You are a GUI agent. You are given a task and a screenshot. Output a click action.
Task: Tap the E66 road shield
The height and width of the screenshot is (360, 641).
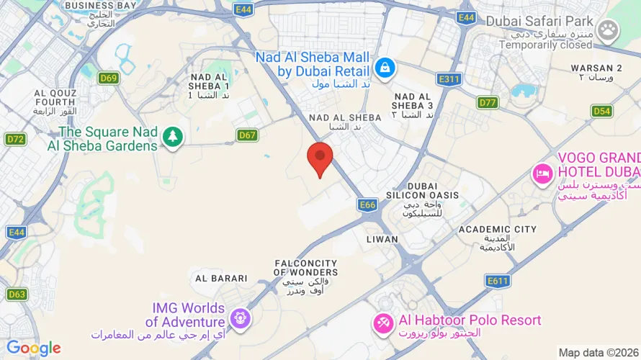point(367,205)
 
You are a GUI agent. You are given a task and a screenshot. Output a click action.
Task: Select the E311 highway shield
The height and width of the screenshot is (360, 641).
point(449,79)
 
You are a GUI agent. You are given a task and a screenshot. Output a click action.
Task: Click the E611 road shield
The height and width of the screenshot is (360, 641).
point(498,281)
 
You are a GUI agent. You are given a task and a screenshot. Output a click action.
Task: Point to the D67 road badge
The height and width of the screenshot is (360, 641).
point(248,135)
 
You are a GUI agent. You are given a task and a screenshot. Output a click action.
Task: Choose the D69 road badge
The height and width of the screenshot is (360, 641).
point(109,78)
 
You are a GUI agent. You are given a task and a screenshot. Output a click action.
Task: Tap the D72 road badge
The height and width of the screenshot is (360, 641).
point(15,138)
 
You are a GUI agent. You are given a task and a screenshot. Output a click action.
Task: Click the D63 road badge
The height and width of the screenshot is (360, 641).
point(17,294)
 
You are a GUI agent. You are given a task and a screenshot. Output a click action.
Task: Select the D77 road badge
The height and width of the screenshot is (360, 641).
point(488,102)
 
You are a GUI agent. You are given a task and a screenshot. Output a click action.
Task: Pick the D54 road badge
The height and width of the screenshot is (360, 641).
point(601,111)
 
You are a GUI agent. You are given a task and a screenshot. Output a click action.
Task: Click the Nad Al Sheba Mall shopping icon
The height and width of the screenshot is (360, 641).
point(385,68)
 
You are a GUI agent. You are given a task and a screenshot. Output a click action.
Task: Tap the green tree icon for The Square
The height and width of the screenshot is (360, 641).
point(172,136)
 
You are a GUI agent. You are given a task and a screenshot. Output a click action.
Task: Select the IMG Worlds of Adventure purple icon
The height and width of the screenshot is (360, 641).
point(241,317)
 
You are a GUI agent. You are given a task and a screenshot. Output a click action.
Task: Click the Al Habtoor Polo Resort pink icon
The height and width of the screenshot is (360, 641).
point(382,325)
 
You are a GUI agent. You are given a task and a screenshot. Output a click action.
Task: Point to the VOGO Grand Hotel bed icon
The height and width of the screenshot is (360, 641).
point(542,174)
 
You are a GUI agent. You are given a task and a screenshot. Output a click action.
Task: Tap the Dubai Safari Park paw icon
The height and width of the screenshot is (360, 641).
point(609,30)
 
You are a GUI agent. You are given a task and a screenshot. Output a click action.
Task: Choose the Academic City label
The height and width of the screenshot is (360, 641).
point(498,230)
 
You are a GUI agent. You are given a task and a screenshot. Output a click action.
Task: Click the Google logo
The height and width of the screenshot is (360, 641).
point(34,348)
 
